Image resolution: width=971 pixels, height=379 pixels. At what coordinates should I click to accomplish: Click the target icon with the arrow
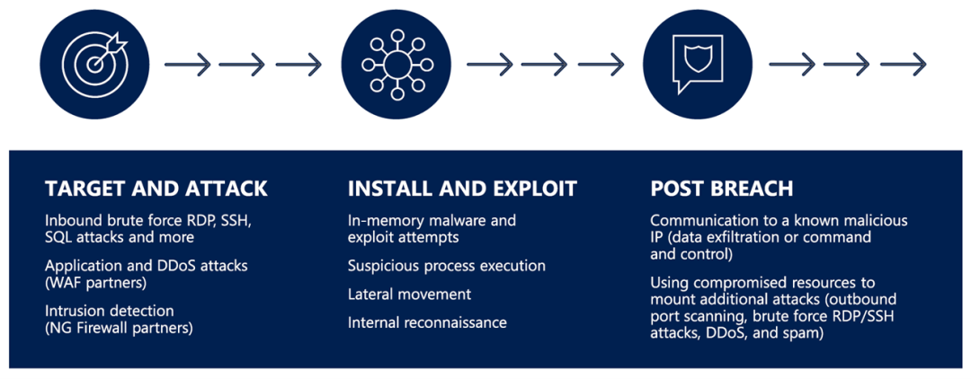(94, 65)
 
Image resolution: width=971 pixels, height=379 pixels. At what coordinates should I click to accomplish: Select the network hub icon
(396, 65)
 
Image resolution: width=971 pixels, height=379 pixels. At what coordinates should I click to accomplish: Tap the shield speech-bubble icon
(699, 65)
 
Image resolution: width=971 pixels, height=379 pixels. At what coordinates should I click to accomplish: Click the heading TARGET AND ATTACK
(156, 189)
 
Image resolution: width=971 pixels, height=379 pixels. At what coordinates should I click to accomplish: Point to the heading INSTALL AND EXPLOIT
(463, 189)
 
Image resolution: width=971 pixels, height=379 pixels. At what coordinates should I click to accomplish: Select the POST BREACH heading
(722, 189)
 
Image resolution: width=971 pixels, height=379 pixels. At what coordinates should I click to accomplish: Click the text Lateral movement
(409, 295)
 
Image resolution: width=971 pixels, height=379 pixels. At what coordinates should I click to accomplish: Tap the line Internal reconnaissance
(427, 322)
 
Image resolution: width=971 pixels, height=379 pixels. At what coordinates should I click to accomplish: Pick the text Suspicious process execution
(447, 266)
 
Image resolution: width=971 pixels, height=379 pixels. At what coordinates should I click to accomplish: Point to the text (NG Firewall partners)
(119, 327)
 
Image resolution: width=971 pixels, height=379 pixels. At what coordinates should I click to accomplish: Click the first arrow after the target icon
(188, 65)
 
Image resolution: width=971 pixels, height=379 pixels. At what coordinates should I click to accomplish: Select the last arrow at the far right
(903, 65)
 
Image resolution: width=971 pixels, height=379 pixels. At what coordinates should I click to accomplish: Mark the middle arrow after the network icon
(544, 65)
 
